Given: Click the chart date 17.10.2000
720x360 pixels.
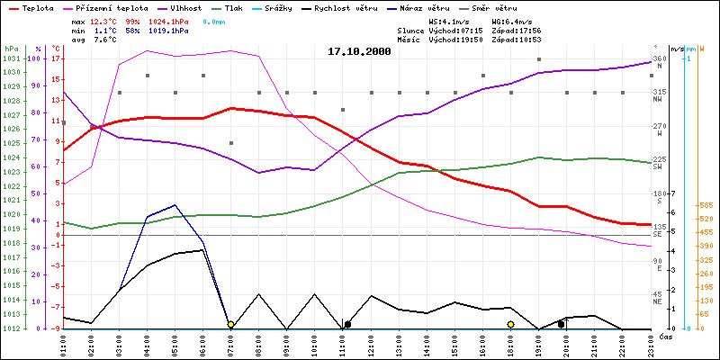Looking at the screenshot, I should click(x=359, y=52).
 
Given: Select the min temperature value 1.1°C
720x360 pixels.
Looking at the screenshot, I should click(x=106, y=30).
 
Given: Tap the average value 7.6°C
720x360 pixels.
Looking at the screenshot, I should click(x=106, y=40).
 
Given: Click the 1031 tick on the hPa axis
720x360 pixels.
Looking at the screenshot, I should click(x=12, y=58).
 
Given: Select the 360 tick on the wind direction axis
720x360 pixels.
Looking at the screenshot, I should click(x=660, y=58).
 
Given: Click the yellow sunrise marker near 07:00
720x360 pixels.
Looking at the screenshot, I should click(x=231, y=324).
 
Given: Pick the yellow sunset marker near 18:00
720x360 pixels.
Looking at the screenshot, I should click(x=510, y=324).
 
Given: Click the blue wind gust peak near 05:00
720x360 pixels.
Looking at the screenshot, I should click(x=175, y=204).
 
